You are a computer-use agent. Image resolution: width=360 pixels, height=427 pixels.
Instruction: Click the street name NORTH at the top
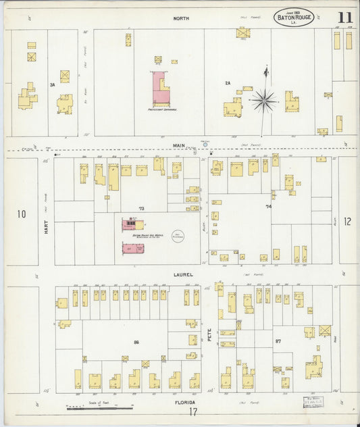pos(180,20)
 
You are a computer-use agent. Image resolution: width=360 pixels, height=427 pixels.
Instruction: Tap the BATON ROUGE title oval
pos(294,17)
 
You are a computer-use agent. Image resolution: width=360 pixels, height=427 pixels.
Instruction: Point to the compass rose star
pos(264,101)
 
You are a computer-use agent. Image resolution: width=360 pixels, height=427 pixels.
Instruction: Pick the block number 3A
pos(52,84)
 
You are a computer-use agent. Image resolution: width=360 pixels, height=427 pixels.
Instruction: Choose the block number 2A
pos(228,83)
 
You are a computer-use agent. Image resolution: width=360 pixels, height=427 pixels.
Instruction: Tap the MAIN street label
pos(178,145)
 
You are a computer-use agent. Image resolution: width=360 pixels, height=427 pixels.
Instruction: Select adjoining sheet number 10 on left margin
pos(22,214)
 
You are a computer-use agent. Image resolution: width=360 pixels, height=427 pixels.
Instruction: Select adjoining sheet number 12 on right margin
pos(347,221)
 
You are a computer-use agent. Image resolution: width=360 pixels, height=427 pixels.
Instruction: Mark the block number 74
pos(269,206)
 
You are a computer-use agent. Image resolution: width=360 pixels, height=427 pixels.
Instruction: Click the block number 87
pos(278,341)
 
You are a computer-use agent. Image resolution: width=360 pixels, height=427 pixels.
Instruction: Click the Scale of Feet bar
pos(100,408)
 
